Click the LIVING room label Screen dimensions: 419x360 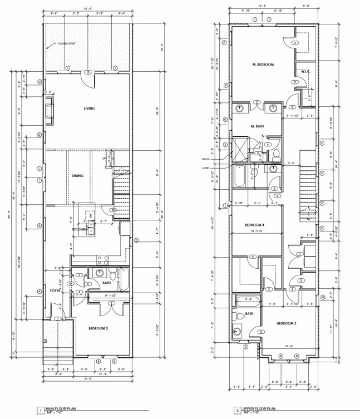pos(88,109)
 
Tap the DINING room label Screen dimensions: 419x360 pos(77,176)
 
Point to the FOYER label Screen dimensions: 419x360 pos(55,290)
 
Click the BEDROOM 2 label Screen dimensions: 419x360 pos(98,328)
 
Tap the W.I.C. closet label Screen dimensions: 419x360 pos(305,71)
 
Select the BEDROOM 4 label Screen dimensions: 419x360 pos(254,225)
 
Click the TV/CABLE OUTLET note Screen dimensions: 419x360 pos(66,44)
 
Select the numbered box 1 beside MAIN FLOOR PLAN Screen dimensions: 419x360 pos(40,411)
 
